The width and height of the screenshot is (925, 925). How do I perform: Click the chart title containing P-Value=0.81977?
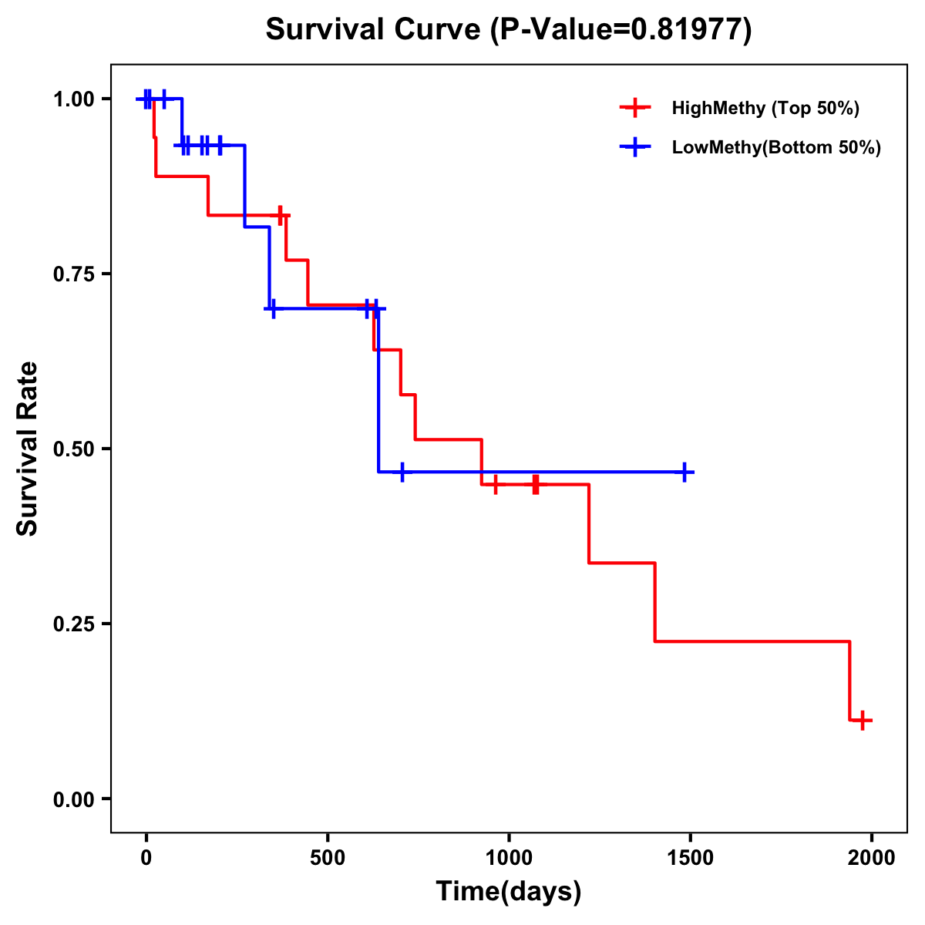tap(508, 30)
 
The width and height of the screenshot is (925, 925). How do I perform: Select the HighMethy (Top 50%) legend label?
tap(765, 108)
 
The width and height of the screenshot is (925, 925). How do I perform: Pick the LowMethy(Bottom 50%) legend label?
tap(776, 148)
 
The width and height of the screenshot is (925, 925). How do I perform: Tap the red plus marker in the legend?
tap(634, 108)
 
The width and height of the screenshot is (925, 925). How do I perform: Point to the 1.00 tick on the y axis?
tap(73, 99)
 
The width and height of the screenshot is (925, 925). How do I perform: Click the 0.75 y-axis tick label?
tap(73, 274)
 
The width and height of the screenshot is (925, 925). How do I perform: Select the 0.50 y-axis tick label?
tap(73, 449)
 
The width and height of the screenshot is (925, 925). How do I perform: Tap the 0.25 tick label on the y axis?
tap(73, 624)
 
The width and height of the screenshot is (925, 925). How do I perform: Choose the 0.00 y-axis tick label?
tap(73, 799)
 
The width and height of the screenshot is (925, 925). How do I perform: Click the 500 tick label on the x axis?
tap(328, 858)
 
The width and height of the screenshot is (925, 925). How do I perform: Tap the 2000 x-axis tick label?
tap(872, 858)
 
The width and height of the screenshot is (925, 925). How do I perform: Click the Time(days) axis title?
tap(509, 892)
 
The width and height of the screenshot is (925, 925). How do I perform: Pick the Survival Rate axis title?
tap(28, 449)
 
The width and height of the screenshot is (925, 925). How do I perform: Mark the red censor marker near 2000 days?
tap(863, 721)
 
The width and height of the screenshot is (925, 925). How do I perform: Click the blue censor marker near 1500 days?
tap(684, 472)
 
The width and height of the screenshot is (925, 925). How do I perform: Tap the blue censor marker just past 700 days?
tap(402, 472)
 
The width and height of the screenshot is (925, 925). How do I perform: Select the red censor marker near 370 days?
tap(281, 215)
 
